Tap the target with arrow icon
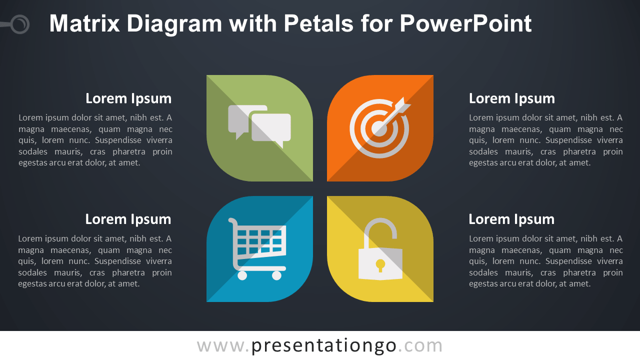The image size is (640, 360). (x=379, y=128)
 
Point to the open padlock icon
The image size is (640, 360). (x=380, y=249)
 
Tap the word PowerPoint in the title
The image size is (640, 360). (x=466, y=23)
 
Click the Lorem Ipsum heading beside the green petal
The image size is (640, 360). (x=128, y=98)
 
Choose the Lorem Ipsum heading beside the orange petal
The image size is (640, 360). (x=511, y=98)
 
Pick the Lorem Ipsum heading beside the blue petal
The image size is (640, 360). (x=128, y=219)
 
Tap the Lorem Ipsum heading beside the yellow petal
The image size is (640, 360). (x=511, y=219)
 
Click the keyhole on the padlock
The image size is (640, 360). (x=380, y=264)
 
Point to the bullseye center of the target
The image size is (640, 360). (x=378, y=130)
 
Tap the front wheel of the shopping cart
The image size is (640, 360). (x=276, y=275)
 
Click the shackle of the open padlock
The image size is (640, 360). (x=380, y=228)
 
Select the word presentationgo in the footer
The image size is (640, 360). (x=323, y=345)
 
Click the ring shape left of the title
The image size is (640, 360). (x=20, y=24)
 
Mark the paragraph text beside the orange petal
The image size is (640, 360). (x=546, y=140)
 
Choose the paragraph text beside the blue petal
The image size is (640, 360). (x=95, y=261)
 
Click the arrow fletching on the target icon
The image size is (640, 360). (x=402, y=106)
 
